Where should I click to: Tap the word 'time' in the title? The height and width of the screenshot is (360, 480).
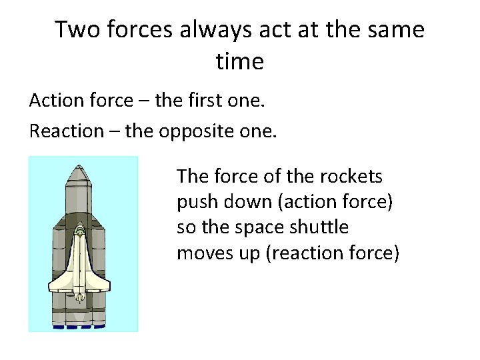[240, 62]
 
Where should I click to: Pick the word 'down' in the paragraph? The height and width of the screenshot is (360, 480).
[241, 202]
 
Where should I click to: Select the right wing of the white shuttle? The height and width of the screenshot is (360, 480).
[101, 283]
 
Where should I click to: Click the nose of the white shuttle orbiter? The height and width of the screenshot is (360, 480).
[80, 231]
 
